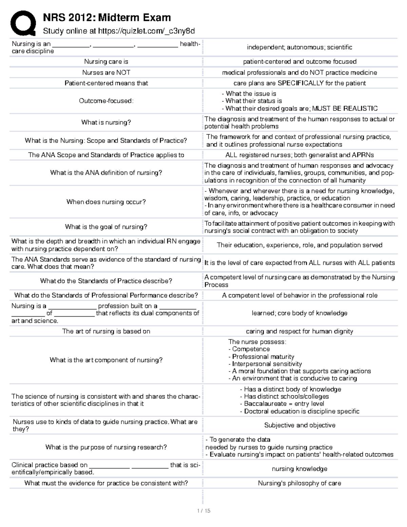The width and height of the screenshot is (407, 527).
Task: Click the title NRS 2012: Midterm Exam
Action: pyautogui.click(x=106, y=17)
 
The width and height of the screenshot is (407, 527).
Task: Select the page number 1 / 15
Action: pyautogui.click(x=203, y=511)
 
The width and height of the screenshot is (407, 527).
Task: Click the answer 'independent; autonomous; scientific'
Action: pyautogui.click(x=299, y=48)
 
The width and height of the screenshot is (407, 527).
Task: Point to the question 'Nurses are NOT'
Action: pyautogui.click(x=106, y=73)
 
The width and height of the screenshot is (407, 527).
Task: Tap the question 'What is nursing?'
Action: pyautogui.click(x=106, y=123)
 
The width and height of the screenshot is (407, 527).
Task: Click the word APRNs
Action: pyautogui.click(x=363, y=155)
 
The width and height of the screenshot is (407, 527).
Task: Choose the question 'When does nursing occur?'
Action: pyautogui.click(x=106, y=202)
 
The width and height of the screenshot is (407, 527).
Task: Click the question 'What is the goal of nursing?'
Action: pyautogui.click(x=106, y=227)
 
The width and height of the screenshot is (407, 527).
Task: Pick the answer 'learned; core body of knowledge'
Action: pyautogui.click(x=299, y=313)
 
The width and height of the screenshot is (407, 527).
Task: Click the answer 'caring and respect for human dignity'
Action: pyautogui.click(x=299, y=331)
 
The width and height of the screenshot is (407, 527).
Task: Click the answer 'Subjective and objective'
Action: pyautogui.click(x=299, y=425)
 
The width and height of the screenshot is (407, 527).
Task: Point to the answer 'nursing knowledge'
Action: pyautogui.click(x=299, y=469)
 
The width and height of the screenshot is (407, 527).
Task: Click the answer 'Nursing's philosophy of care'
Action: pyautogui.click(x=299, y=483)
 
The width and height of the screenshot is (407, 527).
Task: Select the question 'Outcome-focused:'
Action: pyautogui.click(x=106, y=101)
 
